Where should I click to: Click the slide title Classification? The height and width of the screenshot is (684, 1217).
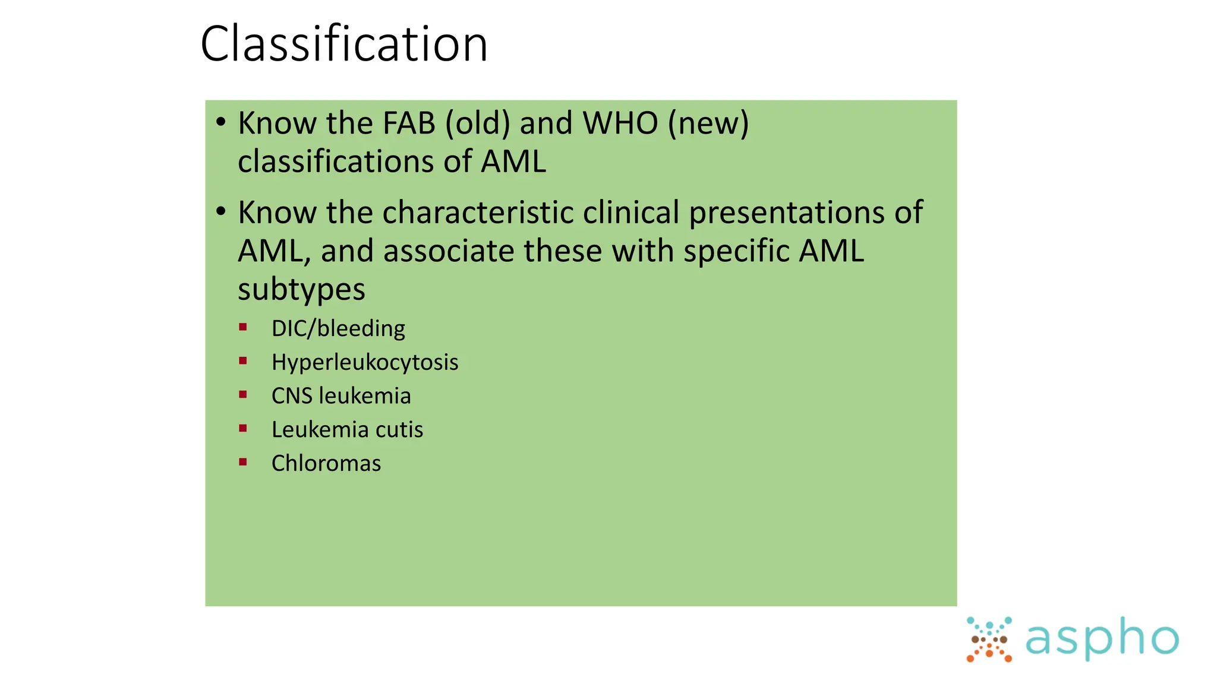[344, 44]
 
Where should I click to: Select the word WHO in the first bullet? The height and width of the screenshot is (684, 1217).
[620, 123]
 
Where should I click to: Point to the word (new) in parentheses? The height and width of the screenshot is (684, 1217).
[708, 123]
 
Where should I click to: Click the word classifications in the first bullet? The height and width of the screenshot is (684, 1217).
[354, 161]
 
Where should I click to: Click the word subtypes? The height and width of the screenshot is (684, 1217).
[301, 290]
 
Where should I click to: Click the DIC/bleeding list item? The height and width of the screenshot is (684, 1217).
[338, 328]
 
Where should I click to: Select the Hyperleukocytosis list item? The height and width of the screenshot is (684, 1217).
[365, 362]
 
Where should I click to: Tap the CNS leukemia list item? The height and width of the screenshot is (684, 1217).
[341, 396]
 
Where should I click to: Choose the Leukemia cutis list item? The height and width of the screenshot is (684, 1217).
[347, 430]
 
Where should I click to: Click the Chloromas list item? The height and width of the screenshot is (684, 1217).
[326, 464]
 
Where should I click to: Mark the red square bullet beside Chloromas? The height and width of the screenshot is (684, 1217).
[242, 462]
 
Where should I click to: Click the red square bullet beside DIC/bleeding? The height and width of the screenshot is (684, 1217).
[242, 327]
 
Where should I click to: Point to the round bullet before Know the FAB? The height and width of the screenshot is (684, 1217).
[221, 122]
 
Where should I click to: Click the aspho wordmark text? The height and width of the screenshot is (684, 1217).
[1102, 639]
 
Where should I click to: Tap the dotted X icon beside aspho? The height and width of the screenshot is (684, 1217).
[989, 639]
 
